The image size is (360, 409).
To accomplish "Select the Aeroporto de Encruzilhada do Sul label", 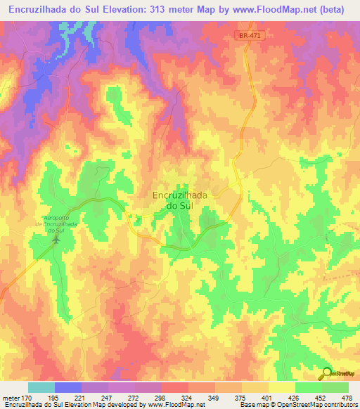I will (59, 225).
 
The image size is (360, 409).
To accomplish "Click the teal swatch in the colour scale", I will (41, 387).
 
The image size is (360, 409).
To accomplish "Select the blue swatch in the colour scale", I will (68, 387).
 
